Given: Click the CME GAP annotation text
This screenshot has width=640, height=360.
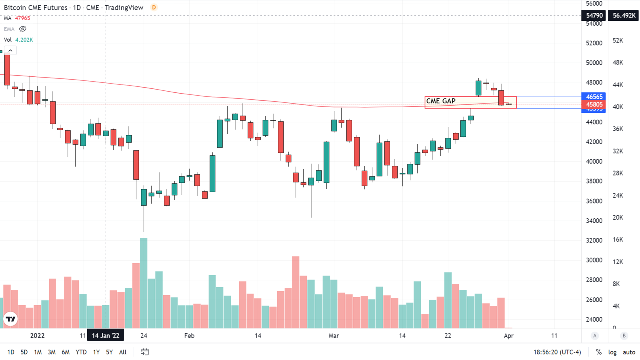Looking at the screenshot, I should (x=441, y=101).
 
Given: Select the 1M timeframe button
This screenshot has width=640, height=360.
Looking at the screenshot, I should (x=38, y=352).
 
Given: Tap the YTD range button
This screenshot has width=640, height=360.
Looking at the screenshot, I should (x=81, y=352).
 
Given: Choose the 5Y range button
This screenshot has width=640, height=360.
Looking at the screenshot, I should (x=109, y=352).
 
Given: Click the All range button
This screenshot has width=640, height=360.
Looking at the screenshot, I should (x=123, y=352).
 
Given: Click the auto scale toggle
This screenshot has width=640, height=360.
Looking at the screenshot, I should (x=629, y=352).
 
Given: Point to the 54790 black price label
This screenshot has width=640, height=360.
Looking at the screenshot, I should (x=594, y=16).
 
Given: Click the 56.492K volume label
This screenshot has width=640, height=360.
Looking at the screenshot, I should (x=624, y=16).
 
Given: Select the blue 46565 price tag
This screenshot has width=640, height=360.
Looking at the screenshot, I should (x=594, y=97).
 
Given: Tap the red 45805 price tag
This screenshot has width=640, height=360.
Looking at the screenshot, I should (x=594, y=104).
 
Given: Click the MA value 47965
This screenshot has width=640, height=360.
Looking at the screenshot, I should (x=22, y=18).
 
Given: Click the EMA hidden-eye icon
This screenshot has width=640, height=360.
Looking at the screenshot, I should (x=23, y=29).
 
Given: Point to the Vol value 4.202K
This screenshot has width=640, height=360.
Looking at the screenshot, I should (x=24, y=40).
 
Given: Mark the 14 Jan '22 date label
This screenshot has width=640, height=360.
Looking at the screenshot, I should (x=106, y=336).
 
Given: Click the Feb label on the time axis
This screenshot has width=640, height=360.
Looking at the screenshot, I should (x=189, y=336).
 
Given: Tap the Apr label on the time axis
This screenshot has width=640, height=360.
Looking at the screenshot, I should (x=508, y=336).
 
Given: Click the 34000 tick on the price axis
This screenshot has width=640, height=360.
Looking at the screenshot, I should (x=594, y=221).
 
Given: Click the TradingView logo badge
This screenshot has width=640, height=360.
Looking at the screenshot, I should (x=11, y=319).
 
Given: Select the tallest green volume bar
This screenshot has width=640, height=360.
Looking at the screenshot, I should (x=144, y=283).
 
